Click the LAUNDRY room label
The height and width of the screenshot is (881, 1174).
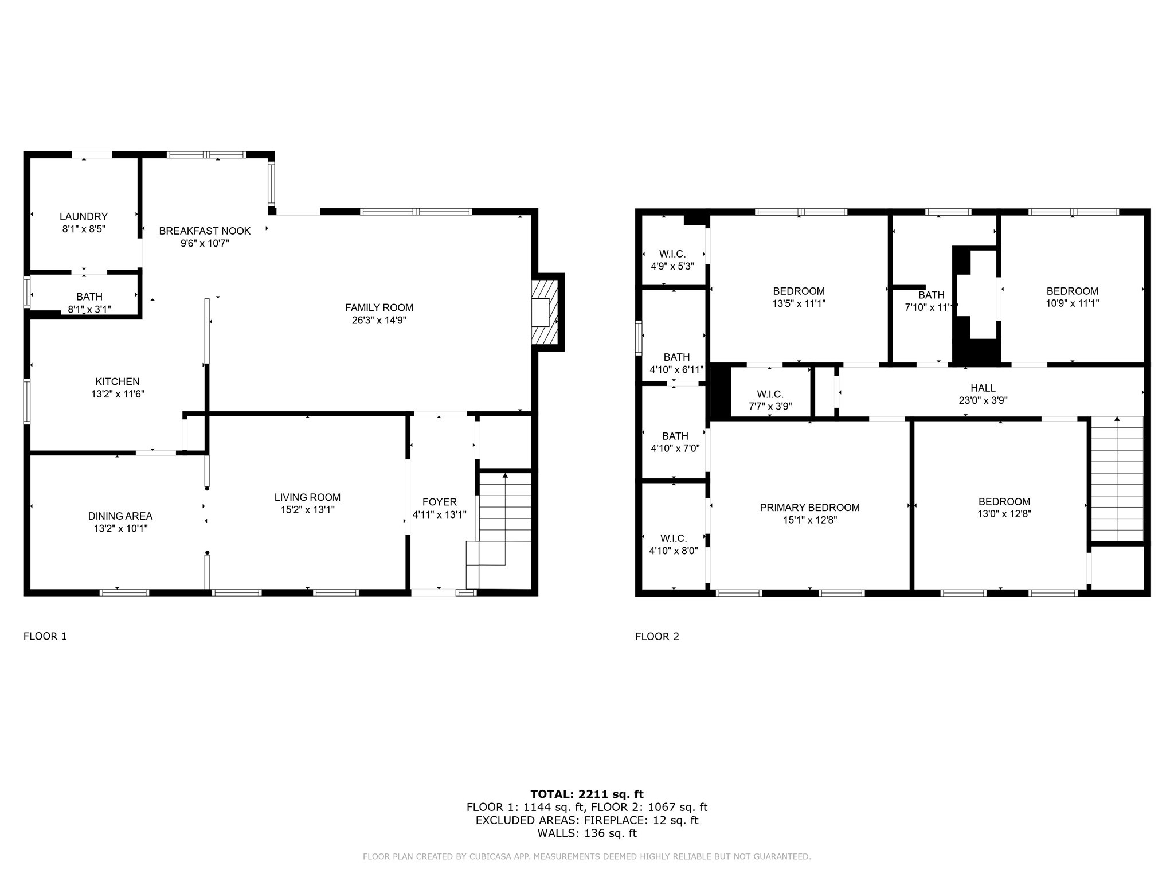click(84, 216)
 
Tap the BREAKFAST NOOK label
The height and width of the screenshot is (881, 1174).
click(205, 231)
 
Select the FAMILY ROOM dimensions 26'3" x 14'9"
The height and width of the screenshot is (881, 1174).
click(379, 320)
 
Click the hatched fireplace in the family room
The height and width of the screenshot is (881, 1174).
click(545, 312)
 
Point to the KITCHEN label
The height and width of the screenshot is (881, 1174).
click(117, 381)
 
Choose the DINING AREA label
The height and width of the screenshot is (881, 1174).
click(120, 516)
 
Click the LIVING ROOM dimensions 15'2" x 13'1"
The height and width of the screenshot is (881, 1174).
click(307, 509)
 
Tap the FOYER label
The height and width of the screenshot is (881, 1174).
click(440, 502)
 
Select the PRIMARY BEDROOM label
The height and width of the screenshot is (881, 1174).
click(809, 508)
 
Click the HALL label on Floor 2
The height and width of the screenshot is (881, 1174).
click(983, 388)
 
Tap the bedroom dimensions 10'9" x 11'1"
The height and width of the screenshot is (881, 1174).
click(1072, 303)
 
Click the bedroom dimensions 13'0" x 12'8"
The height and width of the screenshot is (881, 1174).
click(1004, 514)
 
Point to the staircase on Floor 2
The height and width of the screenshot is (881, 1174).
click(1117, 479)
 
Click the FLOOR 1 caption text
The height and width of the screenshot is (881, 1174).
click(45, 636)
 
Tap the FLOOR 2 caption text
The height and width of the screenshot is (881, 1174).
click(657, 636)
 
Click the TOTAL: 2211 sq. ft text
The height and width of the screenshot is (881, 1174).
click(587, 794)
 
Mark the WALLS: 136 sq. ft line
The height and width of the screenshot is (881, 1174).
click(587, 833)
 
